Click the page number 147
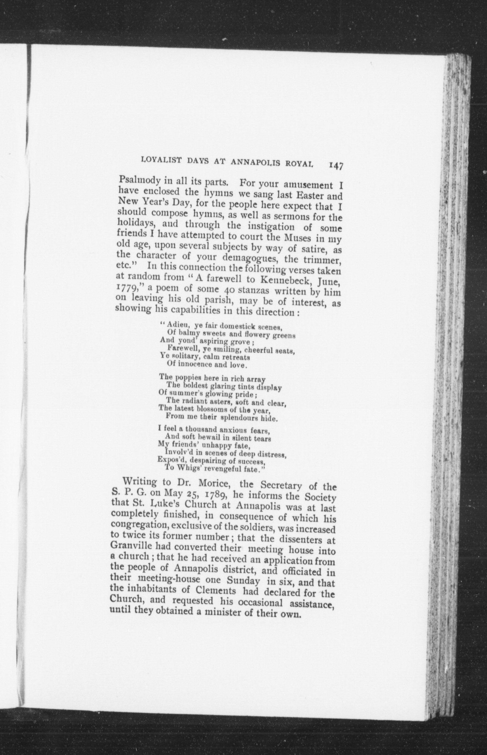336,166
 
